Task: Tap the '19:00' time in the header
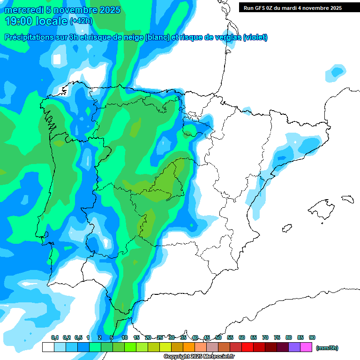[x=18, y=21]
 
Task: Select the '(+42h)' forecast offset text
[x=81, y=21]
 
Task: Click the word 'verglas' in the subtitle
[x=224, y=37]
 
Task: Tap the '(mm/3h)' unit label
[x=327, y=348]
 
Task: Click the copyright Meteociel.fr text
[x=199, y=357]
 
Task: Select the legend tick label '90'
[x=312, y=337]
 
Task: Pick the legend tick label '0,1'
[x=55, y=337]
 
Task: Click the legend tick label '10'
[x=125, y=337]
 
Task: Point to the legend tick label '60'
[x=242, y=337]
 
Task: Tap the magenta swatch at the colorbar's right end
[x=306, y=347]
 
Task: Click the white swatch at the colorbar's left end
[x=48, y=347]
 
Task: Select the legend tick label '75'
[x=277, y=337]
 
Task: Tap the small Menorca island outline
[x=347, y=199]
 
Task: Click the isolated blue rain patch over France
[x=337, y=72]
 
